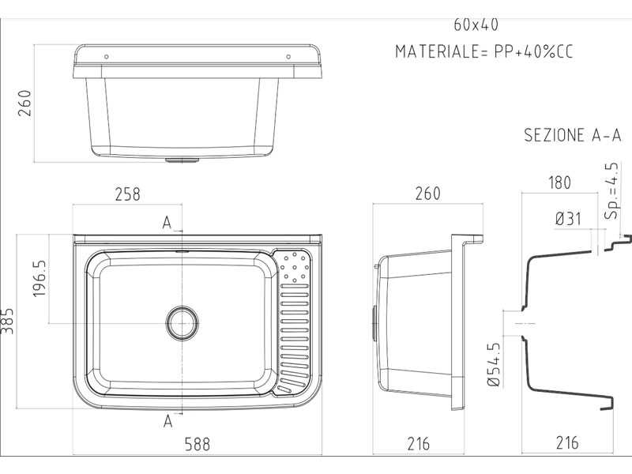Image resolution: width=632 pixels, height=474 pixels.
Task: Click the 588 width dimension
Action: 197,444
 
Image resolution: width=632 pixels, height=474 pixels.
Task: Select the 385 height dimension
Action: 7,322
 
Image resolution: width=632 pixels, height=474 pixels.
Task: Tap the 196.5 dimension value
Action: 39,279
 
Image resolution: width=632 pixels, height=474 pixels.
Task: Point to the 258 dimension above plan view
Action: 128,194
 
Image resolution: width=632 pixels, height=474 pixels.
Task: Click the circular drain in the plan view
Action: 182,323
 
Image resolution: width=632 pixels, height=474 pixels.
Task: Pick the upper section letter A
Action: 167,222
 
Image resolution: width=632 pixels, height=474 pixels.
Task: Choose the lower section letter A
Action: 168,421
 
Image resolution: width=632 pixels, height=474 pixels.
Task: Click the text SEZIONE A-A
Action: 572,135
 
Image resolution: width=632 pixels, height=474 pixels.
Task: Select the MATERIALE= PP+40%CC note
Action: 483,51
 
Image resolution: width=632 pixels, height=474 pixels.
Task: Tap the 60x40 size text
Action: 476,25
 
